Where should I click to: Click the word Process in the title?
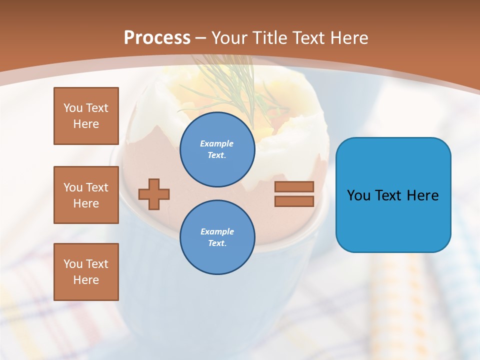pos(157,38)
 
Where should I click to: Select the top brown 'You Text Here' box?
pos(86,116)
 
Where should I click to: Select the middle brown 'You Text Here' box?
pos(86,195)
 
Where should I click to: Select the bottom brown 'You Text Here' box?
pos(86,272)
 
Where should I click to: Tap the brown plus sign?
pos(154,194)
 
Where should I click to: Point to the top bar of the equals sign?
pos(294,186)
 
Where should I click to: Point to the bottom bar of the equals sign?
pos(294,201)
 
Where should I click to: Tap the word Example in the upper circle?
pos(217,143)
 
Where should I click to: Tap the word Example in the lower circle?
pos(217,231)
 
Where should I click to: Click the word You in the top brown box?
pos(72,108)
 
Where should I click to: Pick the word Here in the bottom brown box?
pos(86,280)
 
